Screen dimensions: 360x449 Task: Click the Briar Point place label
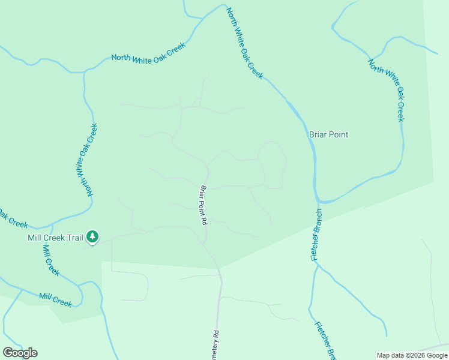click(x=328, y=134)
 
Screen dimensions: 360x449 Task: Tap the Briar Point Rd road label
click(x=203, y=205)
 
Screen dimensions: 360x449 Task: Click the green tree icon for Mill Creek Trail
click(x=92, y=237)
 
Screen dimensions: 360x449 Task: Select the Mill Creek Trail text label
click(x=55, y=238)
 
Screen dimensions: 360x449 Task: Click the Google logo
click(x=20, y=353)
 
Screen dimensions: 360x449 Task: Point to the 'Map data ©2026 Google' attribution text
click(x=412, y=355)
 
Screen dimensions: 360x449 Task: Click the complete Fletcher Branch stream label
click(x=316, y=235)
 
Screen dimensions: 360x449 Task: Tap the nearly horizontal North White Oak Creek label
click(x=149, y=53)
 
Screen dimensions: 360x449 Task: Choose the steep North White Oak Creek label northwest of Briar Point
click(x=245, y=43)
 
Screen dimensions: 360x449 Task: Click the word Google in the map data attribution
click(x=437, y=355)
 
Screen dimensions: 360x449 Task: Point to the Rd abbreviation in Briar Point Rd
click(x=205, y=220)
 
